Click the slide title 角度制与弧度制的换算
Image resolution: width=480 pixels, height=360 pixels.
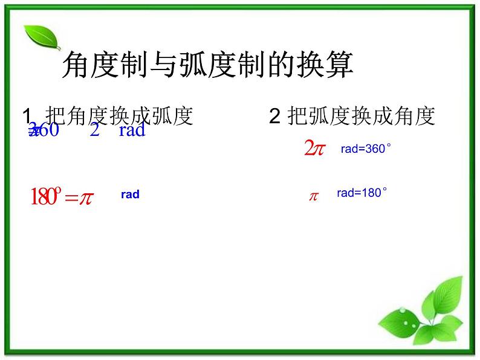click(x=207, y=65)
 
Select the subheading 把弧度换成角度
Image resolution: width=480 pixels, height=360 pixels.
click(x=362, y=116)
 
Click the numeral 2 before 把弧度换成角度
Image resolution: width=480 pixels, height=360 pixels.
click(x=274, y=116)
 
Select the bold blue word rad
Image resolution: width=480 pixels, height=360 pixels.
click(x=130, y=194)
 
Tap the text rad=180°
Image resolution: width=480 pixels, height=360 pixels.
click(x=362, y=193)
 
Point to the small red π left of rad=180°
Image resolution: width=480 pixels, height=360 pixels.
click(x=314, y=196)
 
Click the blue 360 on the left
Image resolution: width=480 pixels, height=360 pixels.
click(x=45, y=130)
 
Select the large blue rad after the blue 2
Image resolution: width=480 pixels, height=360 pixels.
click(x=132, y=130)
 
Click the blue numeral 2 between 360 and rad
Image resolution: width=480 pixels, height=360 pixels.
click(x=94, y=130)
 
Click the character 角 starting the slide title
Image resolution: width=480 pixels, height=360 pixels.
click(x=76, y=65)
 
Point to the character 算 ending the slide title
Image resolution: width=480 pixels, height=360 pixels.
click(x=339, y=65)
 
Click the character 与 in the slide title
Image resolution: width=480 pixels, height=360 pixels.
click(x=163, y=65)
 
